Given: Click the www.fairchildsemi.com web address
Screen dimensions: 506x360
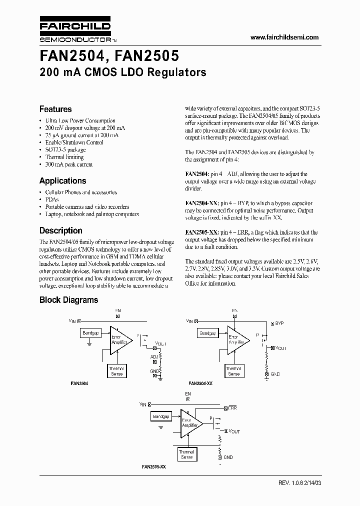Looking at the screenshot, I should coord(284,37).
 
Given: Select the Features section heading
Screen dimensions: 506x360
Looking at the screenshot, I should coord(55,109).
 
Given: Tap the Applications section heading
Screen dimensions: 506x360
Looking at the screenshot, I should coord(62,181).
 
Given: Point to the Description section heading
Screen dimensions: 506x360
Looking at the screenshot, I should coord(60,230).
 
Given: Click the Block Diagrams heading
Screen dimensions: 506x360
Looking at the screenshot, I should coord(68,300).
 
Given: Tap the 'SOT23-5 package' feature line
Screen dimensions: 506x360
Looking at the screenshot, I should coord(65,149).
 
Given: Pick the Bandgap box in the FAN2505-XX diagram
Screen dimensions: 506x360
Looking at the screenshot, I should coord(161,416).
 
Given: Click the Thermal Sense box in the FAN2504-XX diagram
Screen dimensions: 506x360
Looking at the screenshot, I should coord(233,371).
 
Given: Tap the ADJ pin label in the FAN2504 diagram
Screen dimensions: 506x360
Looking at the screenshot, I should coord(153,356).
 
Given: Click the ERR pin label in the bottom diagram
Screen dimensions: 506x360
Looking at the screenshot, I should coord(232,408).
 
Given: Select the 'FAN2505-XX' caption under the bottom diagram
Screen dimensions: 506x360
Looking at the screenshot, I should coord(153,466).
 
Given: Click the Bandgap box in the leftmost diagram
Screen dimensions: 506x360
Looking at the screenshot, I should coord(90,332).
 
